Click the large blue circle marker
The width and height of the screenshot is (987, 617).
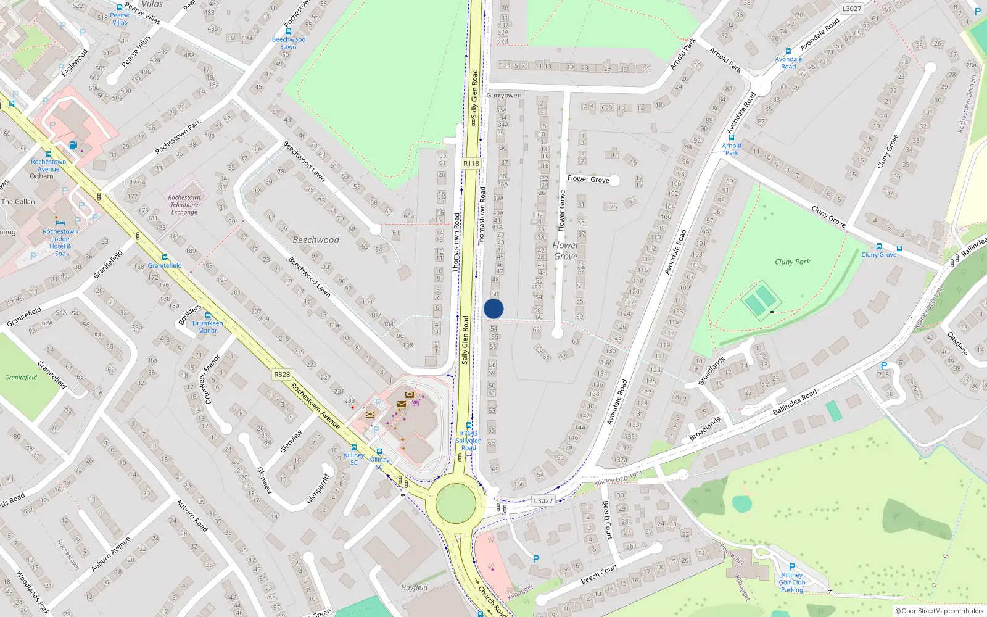click(x=493, y=308)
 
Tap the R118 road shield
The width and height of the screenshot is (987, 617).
click(x=471, y=164)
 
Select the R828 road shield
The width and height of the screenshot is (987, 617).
click(x=282, y=375)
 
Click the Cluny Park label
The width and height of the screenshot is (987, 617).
click(x=792, y=262)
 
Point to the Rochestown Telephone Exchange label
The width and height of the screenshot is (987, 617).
click(x=184, y=205)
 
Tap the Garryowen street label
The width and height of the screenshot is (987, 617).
click(x=503, y=96)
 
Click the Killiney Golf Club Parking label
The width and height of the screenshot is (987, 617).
click(x=791, y=582)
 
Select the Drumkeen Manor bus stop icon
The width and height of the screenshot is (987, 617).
click(x=208, y=315)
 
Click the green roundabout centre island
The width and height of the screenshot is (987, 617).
click(x=456, y=503)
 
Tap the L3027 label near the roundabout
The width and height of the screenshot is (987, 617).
click(x=543, y=501)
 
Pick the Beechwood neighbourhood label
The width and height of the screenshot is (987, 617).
click(x=316, y=240)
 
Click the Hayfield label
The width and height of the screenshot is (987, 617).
click(x=414, y=587)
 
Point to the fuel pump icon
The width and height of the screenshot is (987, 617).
click(x=73, y=146)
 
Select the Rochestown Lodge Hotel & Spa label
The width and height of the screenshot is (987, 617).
click(x=60, y=242)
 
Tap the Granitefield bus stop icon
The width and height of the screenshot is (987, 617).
click(x=165, y=257)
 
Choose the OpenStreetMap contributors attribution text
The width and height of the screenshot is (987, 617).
click(x=940, y=611)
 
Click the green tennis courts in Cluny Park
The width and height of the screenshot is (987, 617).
click(x=760, y=300)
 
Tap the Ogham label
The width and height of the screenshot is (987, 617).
click(x=41, y=176)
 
